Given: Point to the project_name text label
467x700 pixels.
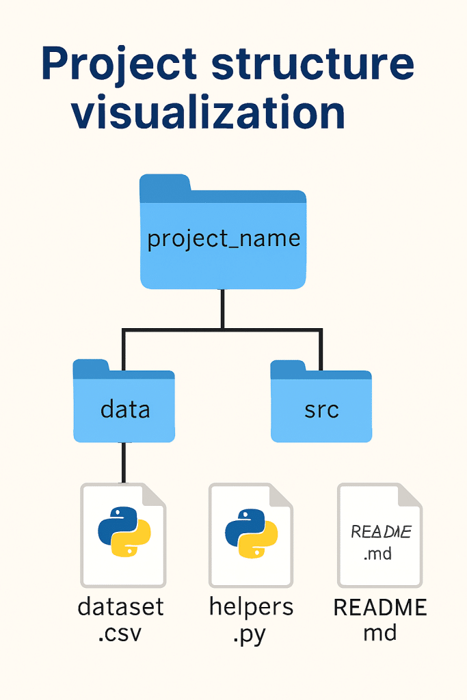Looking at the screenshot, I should pos(224,239).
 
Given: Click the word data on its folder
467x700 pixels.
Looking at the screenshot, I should pos(125,409).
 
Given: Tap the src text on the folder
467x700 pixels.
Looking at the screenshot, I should pos(321,411).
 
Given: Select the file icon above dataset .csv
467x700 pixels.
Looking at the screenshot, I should pos(123,535).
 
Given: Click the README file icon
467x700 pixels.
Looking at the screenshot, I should pos(380,535).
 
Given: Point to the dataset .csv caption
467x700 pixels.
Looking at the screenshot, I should pos(121,619).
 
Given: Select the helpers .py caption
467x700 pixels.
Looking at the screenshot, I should pos(250,619).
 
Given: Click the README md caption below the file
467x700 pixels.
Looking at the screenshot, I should pos(380,619).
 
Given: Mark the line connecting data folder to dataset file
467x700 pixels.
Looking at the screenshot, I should pos(123,463).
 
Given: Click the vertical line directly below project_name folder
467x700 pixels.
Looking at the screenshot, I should pos(223,309).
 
